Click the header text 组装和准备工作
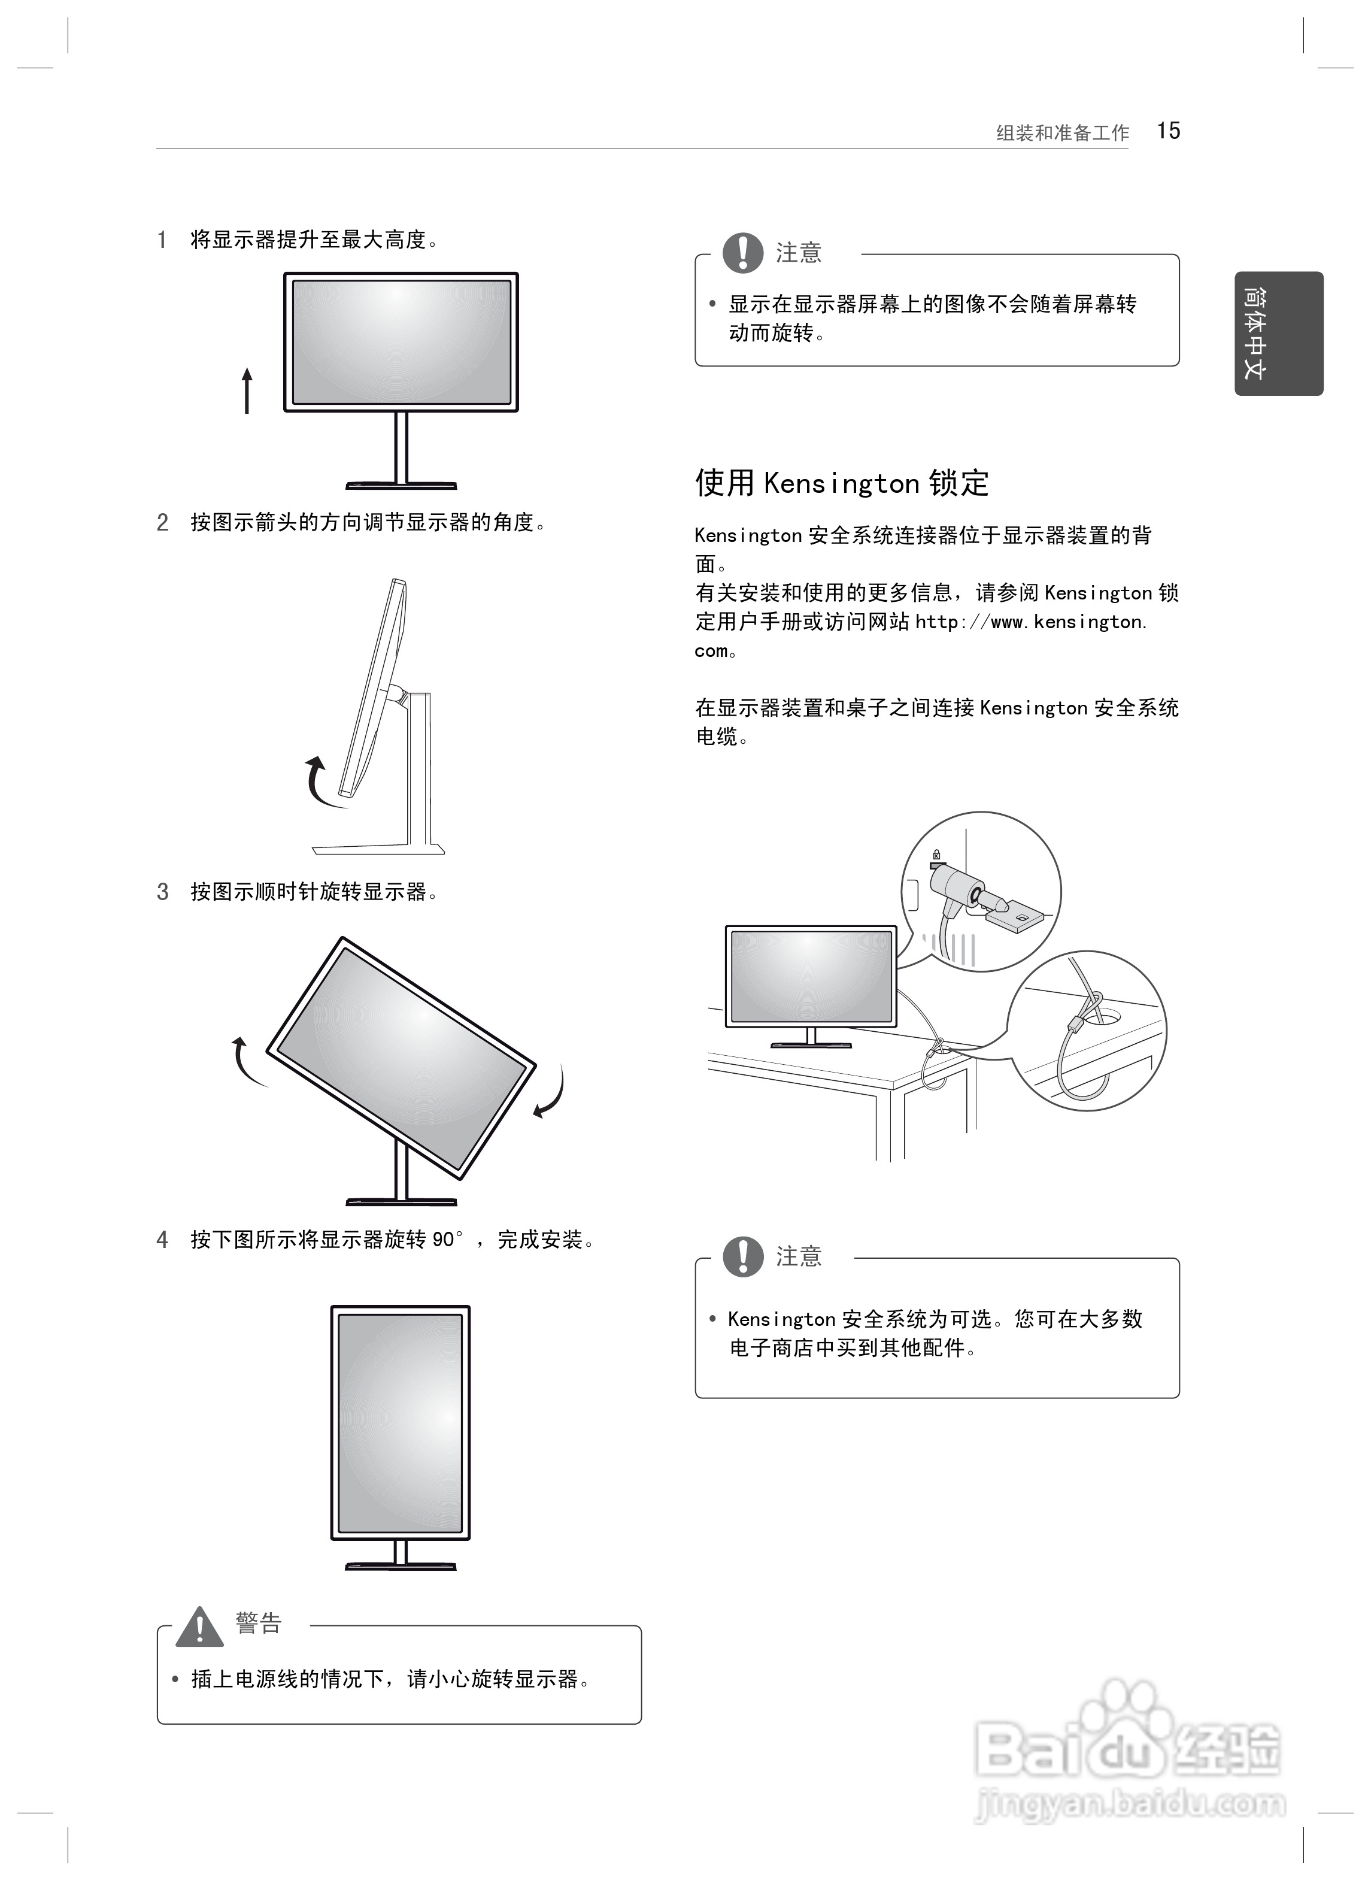[1061, 133]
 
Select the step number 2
[163, 522]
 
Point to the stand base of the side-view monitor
[378, 849]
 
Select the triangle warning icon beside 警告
[199, 1628]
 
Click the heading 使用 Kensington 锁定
[842, 482]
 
